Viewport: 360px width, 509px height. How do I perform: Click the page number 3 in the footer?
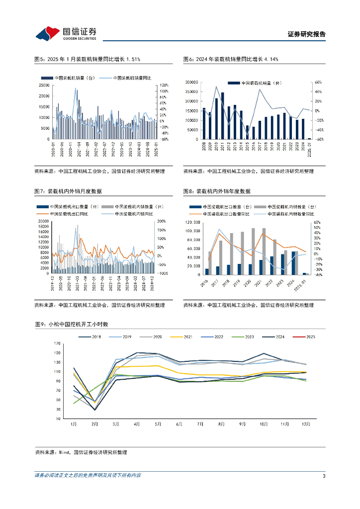[324, 476]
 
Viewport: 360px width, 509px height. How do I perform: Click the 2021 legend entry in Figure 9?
[182, 337]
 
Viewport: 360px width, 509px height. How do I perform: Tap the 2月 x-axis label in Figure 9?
[94, 424]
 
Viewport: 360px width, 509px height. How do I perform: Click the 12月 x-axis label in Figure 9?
[307, 424]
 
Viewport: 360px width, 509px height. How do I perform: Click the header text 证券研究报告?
[307, 34]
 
